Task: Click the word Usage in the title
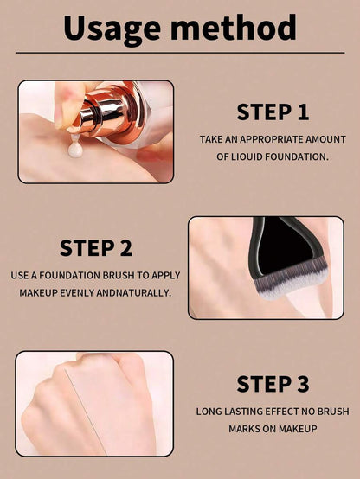[112, 29]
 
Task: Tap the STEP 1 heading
[273, 112]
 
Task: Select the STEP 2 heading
[96, 248]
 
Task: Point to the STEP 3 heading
[273, 384]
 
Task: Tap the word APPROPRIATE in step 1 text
[272, 139]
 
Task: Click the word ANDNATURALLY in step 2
[133, 292]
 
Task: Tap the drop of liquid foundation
[75, 148]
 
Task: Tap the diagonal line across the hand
[86, 412]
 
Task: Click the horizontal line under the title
[180, 53]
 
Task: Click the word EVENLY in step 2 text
[77, 292]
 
